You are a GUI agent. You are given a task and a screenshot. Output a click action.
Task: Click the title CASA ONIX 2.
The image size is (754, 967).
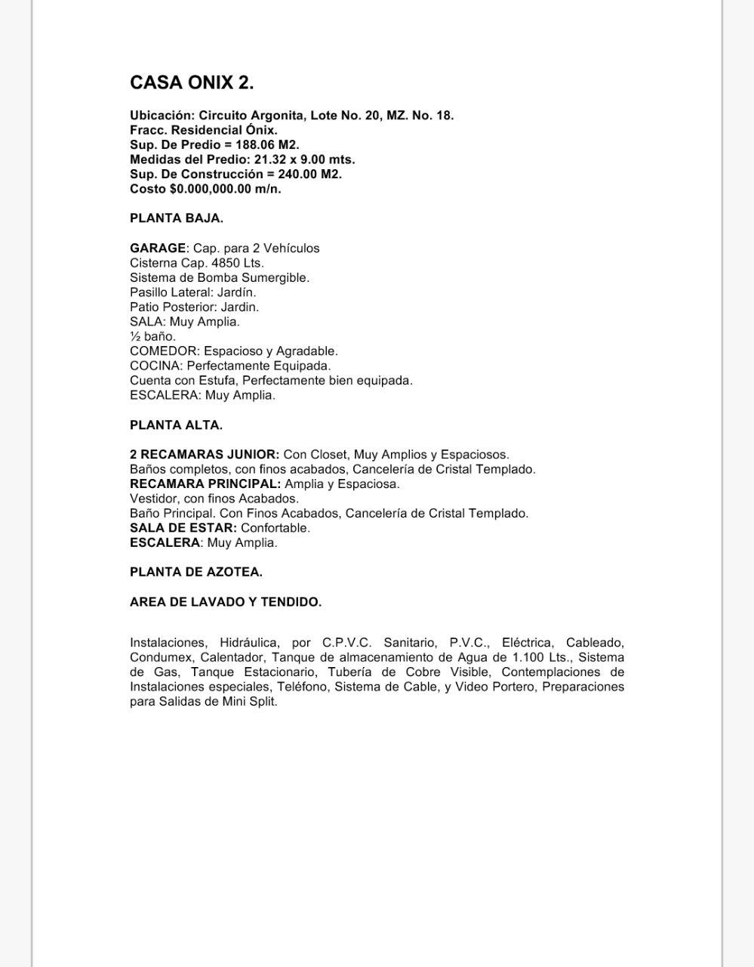point(192,82)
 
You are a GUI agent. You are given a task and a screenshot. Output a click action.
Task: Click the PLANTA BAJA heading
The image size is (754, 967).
point(177,218)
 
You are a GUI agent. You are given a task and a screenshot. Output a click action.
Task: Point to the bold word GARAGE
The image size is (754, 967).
point(158,248)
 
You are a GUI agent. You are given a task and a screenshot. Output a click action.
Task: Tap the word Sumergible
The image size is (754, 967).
point(275,277)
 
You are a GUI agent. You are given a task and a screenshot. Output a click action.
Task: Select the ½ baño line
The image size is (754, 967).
point(152,336)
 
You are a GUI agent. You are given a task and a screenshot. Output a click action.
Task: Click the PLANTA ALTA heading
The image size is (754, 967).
point(176,425)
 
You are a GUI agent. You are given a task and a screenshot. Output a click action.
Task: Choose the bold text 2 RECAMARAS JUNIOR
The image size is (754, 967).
point(204,455)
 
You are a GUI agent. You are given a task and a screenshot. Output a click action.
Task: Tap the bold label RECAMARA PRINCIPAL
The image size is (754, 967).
point(205,483)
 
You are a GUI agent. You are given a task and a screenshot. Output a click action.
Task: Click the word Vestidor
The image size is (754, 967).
point(153,499)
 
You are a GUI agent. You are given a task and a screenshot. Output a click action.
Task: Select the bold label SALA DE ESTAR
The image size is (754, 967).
point(183,528)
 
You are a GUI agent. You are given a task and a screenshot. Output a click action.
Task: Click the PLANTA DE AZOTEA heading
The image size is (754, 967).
point(196,572)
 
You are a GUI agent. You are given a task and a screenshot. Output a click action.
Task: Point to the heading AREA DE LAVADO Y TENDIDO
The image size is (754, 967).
point(226,602)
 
